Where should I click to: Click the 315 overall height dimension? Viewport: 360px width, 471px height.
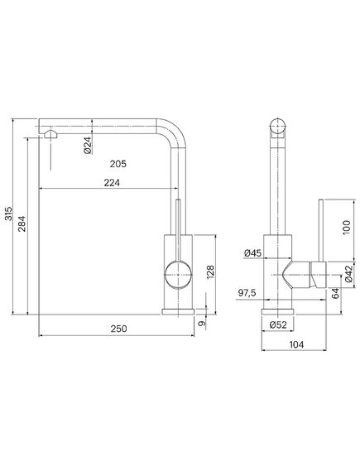[9, 214]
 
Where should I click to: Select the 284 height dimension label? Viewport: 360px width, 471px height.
[22, 223]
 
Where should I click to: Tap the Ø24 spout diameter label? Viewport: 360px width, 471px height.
[88, 146]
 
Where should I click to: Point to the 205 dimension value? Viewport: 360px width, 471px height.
[118, 164]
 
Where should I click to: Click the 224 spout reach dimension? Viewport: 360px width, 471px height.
[112, 183]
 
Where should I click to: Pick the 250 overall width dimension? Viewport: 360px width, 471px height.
[118, 329]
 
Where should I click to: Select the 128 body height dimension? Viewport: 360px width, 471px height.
[210, 272]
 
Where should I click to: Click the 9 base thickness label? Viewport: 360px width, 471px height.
[203, 324]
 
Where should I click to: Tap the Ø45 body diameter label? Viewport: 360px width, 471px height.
[252, 253]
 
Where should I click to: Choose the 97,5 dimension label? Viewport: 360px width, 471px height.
[247, 292]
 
